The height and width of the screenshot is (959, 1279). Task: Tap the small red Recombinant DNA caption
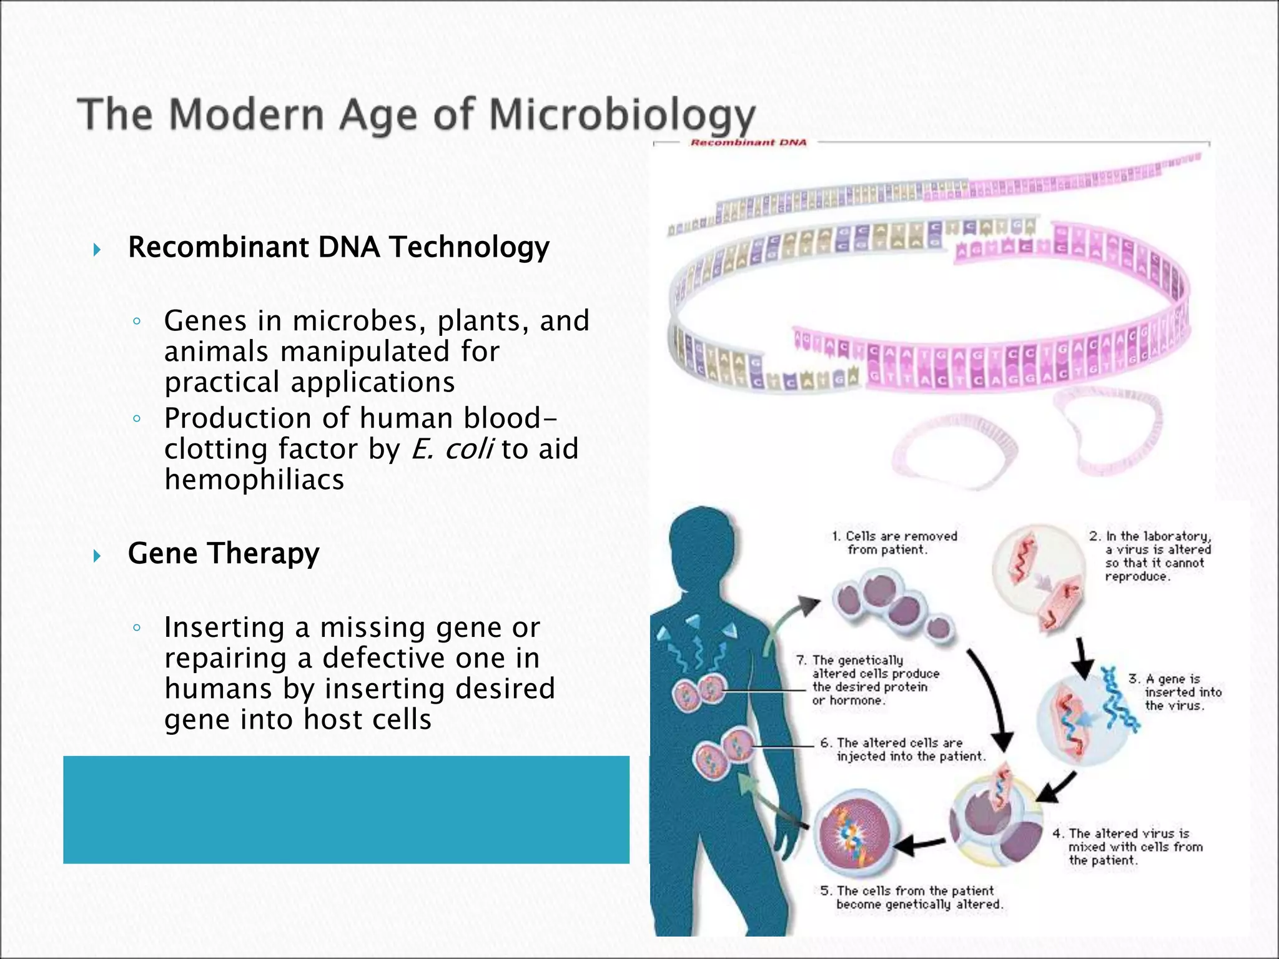[748, 142]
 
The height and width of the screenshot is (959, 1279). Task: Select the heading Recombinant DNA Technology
[338, 247]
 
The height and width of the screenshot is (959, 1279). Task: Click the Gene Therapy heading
[223, 553]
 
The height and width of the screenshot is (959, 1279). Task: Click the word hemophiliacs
[254, 479]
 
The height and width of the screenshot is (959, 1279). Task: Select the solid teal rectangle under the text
[346, 809]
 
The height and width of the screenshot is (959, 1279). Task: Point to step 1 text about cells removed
[894, 543]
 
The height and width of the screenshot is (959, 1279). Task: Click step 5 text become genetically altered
[912, 897]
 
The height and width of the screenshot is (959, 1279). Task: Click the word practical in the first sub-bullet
[222, 382]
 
